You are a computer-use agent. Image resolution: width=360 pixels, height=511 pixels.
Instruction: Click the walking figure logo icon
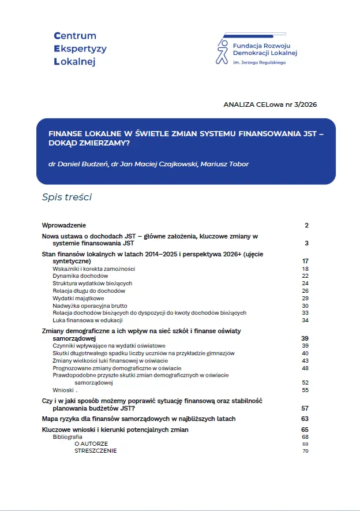tap(222, 51)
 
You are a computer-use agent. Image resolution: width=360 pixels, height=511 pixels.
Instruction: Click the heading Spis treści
tap(67, 197)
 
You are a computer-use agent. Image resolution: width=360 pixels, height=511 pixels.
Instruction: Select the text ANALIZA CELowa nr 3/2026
tap(270, 105)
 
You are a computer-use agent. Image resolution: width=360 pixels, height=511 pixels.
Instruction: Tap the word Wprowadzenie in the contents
tap(64, 225)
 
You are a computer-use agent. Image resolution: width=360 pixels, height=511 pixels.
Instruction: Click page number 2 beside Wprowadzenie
tap(306, 225)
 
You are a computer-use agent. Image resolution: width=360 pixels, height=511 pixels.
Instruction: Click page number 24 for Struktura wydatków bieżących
tap(305, 284)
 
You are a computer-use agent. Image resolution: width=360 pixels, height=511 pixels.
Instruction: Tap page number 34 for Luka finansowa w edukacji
tap(305, 320)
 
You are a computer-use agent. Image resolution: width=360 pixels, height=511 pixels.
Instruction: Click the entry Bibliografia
tap(67, 437)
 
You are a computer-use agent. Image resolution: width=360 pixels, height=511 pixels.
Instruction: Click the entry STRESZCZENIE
tap(95, 451)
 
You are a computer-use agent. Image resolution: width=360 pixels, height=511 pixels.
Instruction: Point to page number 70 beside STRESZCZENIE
tap(305, 451)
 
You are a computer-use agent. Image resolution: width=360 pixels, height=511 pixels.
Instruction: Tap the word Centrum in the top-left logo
tap(74, 36)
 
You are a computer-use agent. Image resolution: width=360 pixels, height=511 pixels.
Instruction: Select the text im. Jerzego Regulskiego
tap(260, 62)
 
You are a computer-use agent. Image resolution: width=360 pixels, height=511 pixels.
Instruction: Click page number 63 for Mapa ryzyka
tap(305, 419)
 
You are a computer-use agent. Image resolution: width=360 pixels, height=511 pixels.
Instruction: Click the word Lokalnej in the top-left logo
tap(74, 61)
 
